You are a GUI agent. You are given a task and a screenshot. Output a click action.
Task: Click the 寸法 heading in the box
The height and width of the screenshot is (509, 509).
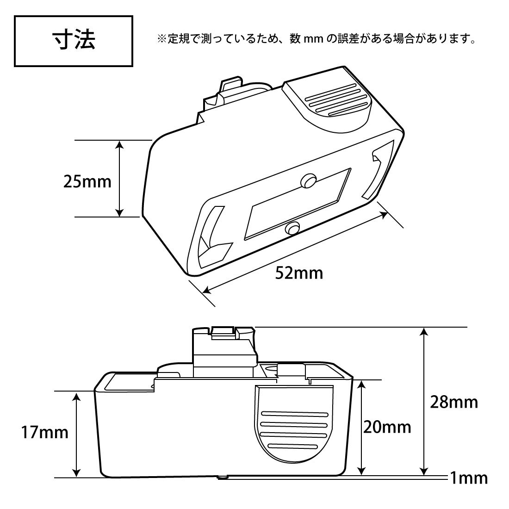pos(74,40)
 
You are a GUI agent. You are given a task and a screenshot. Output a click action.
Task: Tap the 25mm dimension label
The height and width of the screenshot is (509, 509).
pos(87,182)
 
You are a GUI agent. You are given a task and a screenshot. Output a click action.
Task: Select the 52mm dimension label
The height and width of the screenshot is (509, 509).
pos(299,273)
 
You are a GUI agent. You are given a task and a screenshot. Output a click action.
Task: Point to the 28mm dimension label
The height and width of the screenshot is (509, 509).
pos(454,403)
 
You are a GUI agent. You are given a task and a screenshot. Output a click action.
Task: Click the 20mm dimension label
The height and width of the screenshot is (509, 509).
pos(387,427)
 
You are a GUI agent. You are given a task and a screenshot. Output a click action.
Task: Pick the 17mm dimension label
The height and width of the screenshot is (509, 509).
pos(45,432)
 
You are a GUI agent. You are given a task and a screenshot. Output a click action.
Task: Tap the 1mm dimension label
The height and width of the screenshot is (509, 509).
pos(469,478)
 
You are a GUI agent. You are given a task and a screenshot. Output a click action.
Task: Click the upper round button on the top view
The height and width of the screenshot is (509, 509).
pos(308,181)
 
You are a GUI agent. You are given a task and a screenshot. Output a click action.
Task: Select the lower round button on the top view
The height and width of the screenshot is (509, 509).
pos(292,229)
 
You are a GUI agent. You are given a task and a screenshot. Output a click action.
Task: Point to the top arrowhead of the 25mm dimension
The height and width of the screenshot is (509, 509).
pos(120,144)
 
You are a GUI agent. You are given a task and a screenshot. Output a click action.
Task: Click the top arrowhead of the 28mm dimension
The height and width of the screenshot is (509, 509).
pos(423,331)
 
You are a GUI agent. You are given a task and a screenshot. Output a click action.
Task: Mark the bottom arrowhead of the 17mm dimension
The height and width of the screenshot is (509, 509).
pos(76,472)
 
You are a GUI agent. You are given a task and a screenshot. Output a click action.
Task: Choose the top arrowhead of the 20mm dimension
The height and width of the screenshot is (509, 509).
pos(362,385)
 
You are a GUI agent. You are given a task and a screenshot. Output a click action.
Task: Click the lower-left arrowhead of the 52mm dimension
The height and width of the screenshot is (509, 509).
pos(206,290)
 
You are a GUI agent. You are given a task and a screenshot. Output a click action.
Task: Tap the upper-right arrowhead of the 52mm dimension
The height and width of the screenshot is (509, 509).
pos(384,215)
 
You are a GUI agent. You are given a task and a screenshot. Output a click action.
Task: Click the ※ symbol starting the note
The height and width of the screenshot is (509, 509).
pos(161,39)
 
